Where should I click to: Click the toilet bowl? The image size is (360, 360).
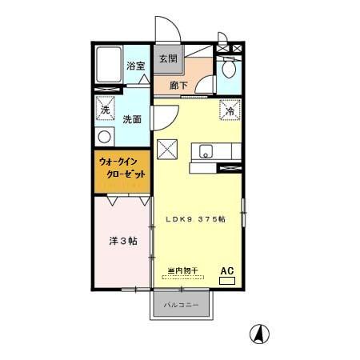(x=229, y=70)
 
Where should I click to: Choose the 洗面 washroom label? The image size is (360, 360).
(x=133, y=119)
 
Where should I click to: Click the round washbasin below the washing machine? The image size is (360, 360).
(x=103, y=136)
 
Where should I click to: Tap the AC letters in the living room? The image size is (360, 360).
(x=226, y=270)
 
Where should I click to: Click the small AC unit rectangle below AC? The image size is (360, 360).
(x=227, y=281)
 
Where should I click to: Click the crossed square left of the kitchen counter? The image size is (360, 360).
(x=167, y=148)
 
